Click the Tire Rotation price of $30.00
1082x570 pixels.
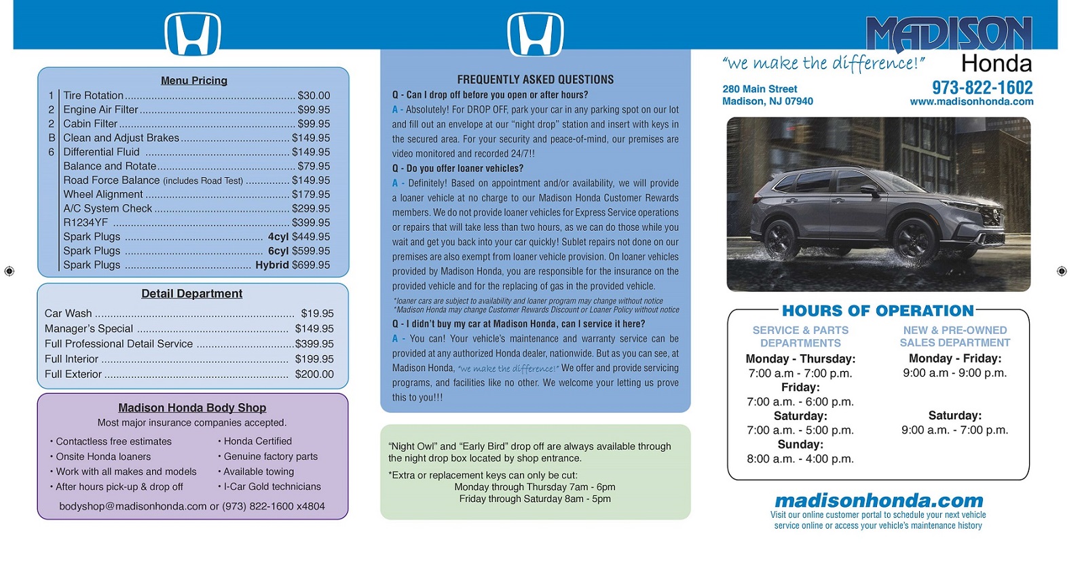click(x=314, y=96)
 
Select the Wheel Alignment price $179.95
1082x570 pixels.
click(x=311, y=195)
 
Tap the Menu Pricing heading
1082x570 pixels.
click(x=194, y=81)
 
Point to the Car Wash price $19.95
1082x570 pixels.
click(x=317, y=313)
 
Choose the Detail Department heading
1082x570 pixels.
click(x=191, y=294)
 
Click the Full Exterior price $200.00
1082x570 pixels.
click(x=314, y=375)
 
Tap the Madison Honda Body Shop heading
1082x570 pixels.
click(x=192, y=408)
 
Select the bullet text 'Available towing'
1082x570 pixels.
click(x=259, y=472)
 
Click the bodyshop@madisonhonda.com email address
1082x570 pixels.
click(x=132, y=507)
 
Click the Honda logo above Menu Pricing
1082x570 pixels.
click(x=193, y=34)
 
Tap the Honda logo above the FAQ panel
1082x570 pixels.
click(x=536, y=34)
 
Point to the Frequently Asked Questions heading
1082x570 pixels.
click(x=535, y=80)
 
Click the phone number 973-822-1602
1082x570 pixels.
click(x=982, y=88)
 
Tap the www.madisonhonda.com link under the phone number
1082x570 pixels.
click(x=971, y=102)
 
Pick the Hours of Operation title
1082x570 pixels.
click(x=878, y=311)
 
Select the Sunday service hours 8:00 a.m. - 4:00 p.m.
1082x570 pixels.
click(x=800, y=459)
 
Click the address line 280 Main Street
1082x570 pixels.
click(x=760, y=89)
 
